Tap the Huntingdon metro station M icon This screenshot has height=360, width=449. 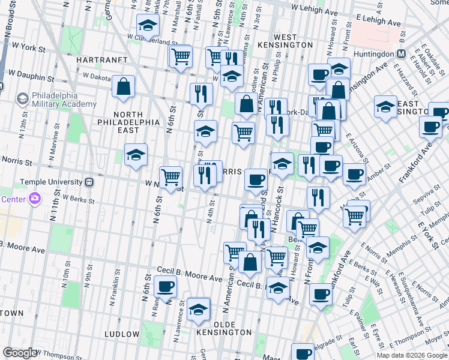[x=399, y=54]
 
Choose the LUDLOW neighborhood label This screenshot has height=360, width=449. [x=122, y=334]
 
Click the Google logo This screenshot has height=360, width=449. [x=19, y=353]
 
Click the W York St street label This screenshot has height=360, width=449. [x=29, y=46]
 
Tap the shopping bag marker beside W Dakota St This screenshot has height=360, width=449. [x=123, y=86]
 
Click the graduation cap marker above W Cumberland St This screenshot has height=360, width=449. [x=147, y=26]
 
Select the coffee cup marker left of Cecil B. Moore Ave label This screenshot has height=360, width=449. [x=165, y=287]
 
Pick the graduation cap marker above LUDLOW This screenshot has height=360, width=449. [x=198, y=309]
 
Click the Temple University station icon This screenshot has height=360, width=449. [x=89, y=181]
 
